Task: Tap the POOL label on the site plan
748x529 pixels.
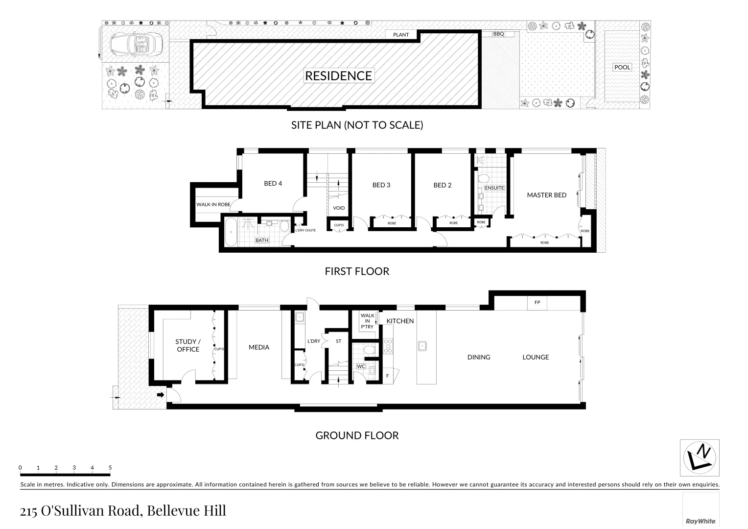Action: coord(622,67)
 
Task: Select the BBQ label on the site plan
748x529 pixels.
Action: coord(498,34)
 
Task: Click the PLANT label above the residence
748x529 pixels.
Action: coord(401,35)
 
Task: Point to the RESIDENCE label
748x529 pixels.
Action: coord(338,75)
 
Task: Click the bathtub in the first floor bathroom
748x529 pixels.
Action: coord(230,233)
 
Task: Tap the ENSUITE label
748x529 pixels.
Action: coord(494,188)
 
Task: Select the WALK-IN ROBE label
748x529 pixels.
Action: coord(213,204)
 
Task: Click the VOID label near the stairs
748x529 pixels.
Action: coord(339,208)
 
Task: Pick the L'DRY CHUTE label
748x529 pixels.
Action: coord(305,230)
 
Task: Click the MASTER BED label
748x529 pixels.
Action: coord(546,195)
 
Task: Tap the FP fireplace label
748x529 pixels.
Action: coord(537,303)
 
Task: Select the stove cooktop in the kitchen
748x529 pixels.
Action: coord(388,346)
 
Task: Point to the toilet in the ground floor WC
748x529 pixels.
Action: coord(370,350)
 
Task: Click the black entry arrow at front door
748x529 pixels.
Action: coord(160,395)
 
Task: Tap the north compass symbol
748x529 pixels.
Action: coord(700,457)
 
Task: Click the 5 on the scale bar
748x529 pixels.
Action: coord(110,468)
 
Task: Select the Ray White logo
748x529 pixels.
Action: coord(701,521)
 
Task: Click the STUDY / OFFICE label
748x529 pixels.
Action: coord(188,345)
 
